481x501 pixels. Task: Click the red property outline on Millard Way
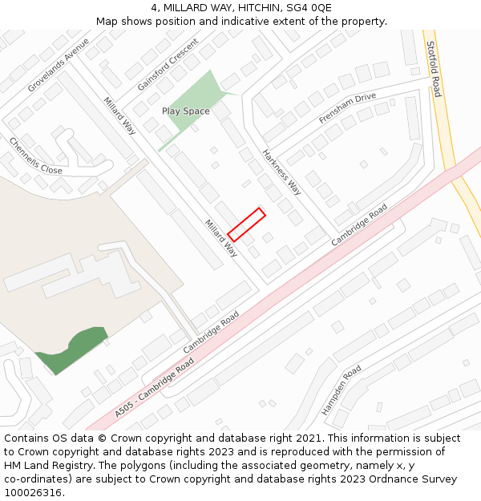point(246,224)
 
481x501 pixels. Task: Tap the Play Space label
point(185,111)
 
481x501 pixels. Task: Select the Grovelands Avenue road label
point(59,64)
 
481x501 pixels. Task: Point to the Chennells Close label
point(35,156)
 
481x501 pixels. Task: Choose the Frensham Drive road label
point(347,108)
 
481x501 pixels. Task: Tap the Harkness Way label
point(281,172)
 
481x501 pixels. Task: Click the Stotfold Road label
point(434,69)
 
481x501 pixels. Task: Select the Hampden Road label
point(342,390)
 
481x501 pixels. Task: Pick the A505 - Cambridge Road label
point(154,388)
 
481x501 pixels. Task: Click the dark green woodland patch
point(71,349)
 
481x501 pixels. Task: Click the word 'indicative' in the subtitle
point(224,22)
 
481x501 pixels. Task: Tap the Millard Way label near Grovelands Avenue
point(119,117)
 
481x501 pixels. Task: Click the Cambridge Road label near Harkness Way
point(359,224)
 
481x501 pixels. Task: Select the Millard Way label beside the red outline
point(220,238)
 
